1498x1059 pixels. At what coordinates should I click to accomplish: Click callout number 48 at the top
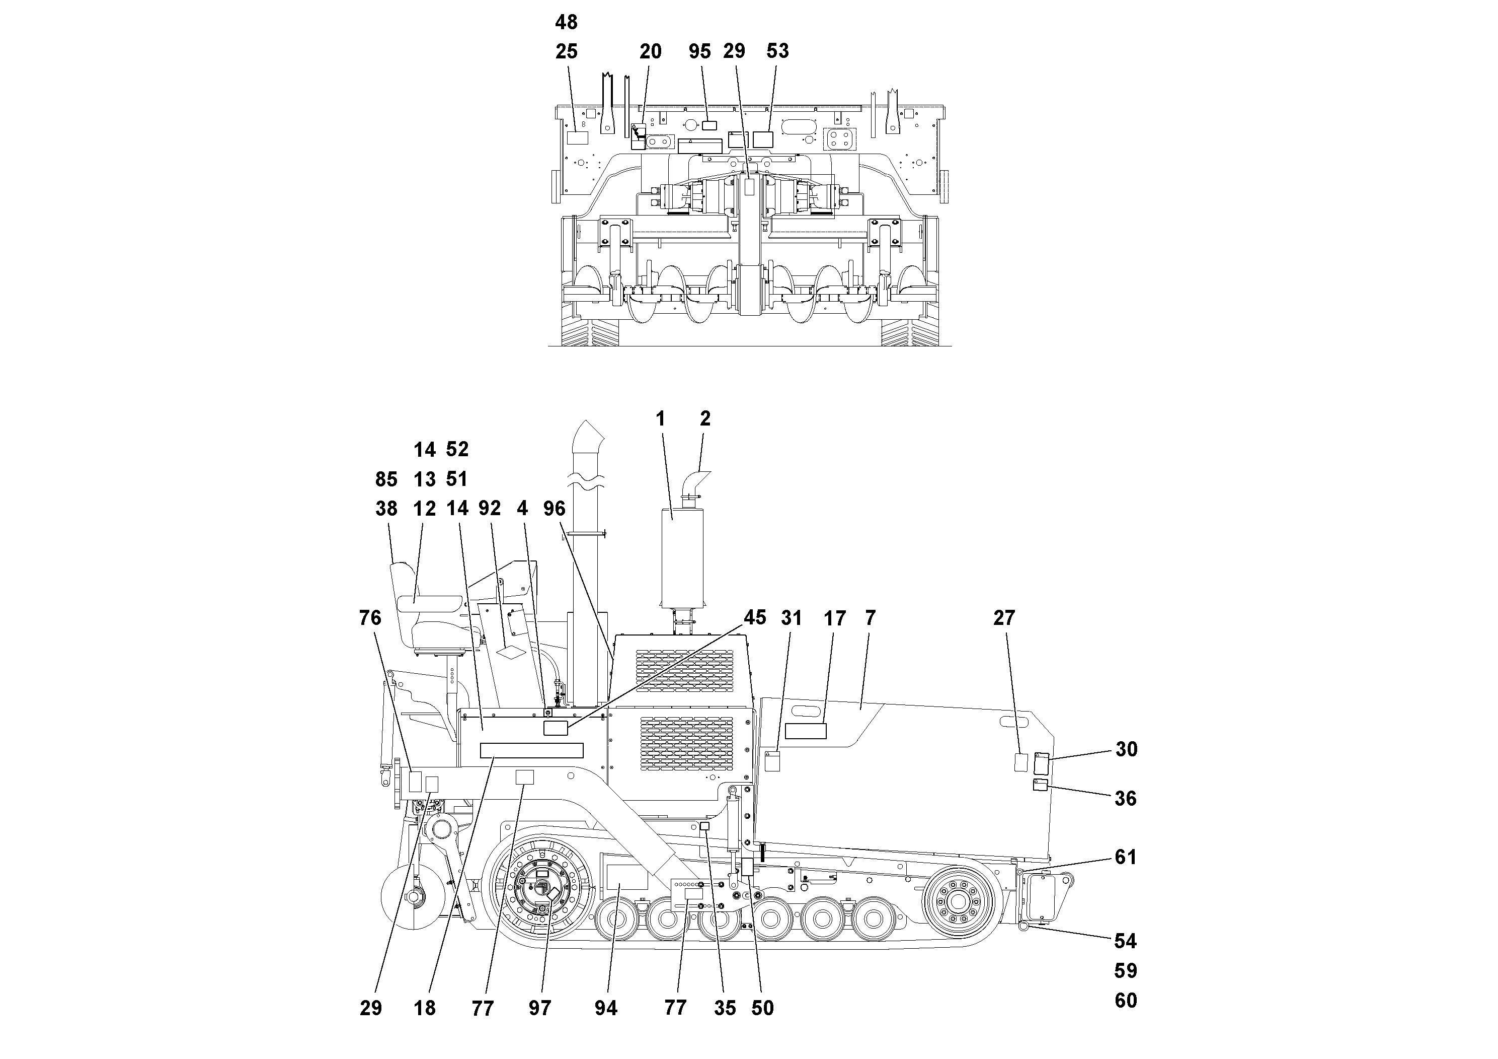pyautogui.click(x=566, y=23)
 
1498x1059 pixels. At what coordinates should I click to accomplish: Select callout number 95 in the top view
pyautogui.click(x=699, y=51)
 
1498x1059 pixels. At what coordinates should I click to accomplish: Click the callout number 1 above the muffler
pyautogui.click(x=660, y=419)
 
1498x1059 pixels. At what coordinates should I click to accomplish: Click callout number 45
pyautogui.click(x=755, y=618)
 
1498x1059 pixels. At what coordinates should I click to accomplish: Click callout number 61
pyautogui.click(x=1126, y=857)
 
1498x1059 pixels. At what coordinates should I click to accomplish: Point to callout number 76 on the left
pyautogui.click(x=370, y=618)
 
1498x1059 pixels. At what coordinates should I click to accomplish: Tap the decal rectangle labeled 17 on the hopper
pyautogui.click(x=805, y=731)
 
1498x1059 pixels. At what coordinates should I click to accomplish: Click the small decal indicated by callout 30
pyautogui.click(x=1042, y=764)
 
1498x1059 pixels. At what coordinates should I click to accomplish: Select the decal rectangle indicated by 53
pyautogui.click(x=763, y=139)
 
